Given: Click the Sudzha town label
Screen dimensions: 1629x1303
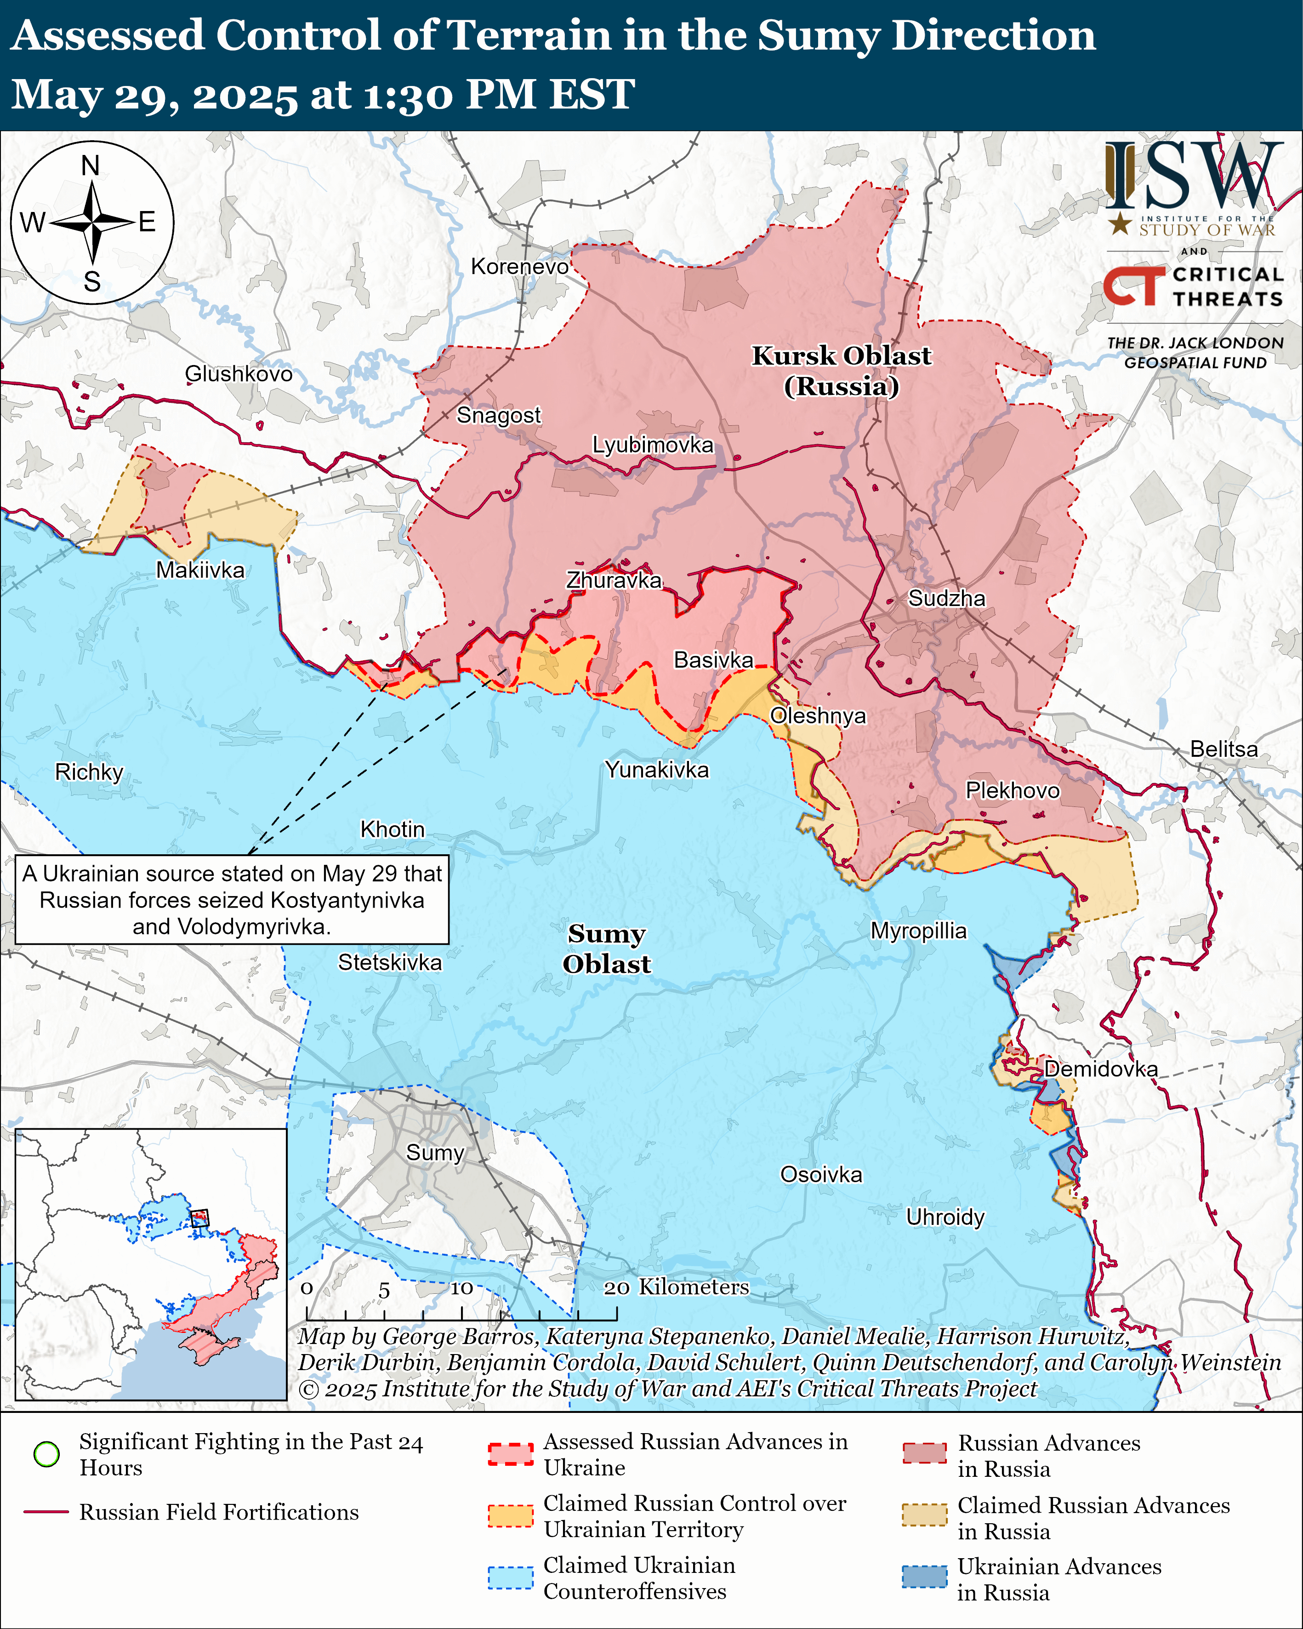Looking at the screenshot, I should tap(946, 599).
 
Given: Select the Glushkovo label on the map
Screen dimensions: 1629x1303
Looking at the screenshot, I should tap(239, 373).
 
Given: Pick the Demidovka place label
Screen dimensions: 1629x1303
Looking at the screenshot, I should tap(1101, 1069).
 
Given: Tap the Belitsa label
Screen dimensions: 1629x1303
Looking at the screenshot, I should tap(1223, 749).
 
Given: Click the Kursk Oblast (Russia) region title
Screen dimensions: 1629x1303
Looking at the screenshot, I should tap(842, 370).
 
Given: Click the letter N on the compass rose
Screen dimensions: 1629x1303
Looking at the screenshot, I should tap(91, 166).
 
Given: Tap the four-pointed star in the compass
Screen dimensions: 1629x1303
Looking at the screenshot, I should tap(92, 223).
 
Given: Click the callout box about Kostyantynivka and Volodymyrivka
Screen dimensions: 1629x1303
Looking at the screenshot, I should tap(232, 899).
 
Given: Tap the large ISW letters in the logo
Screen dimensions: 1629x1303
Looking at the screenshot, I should tap(1194, 176).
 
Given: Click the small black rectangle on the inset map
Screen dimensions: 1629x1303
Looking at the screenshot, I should tap(199, 1218).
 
